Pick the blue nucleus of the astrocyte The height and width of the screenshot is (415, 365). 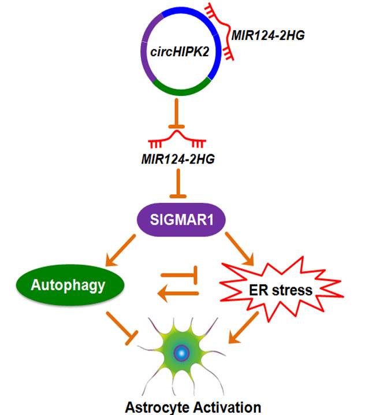click(182, 353)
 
